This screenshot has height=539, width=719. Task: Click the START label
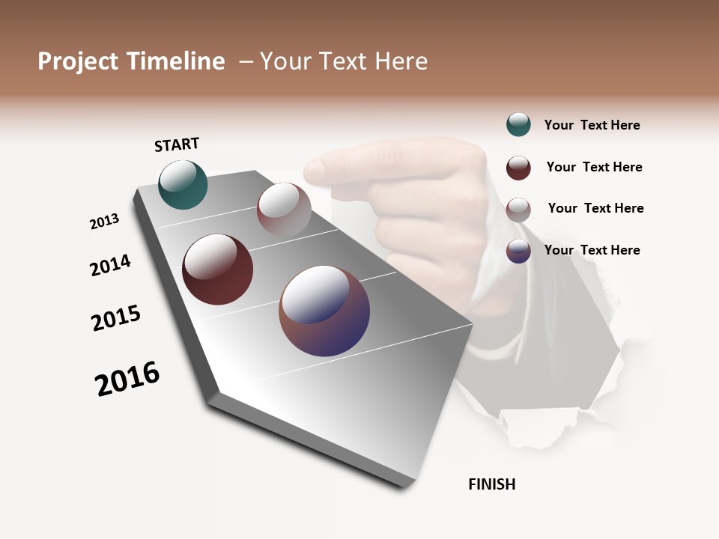177,144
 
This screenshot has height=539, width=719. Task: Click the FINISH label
491,484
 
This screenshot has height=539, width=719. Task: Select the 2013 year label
104,222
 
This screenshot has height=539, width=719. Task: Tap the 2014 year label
110,265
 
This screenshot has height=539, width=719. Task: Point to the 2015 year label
116,318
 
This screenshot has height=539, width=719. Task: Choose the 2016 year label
127,379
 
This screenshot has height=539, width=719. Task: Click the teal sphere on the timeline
183,185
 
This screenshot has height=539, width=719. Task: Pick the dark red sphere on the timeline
217,269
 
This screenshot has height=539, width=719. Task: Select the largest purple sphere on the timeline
324,311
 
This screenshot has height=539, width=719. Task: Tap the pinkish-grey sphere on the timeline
284,209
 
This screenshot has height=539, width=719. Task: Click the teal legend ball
518,125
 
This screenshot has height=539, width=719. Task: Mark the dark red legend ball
518,168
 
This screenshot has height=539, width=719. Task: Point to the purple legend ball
518,251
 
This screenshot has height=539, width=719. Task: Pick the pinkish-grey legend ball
518,209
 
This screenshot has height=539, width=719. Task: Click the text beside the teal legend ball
592,126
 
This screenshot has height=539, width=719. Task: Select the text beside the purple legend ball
592,250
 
